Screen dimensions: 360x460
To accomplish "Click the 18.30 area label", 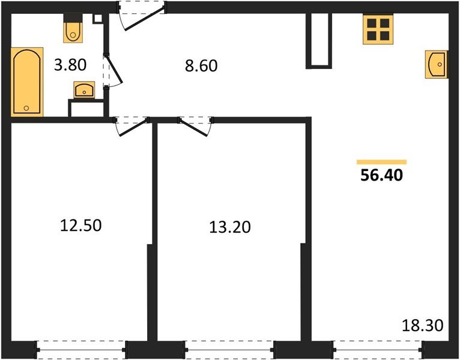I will click(422, 326).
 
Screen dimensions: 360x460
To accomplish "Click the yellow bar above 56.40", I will click(381, 162).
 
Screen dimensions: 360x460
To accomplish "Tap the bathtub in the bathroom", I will click(28, 82).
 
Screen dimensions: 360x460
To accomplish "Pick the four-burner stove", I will click(378, 28).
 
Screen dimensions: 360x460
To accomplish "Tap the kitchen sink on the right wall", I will click(436, 64).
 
